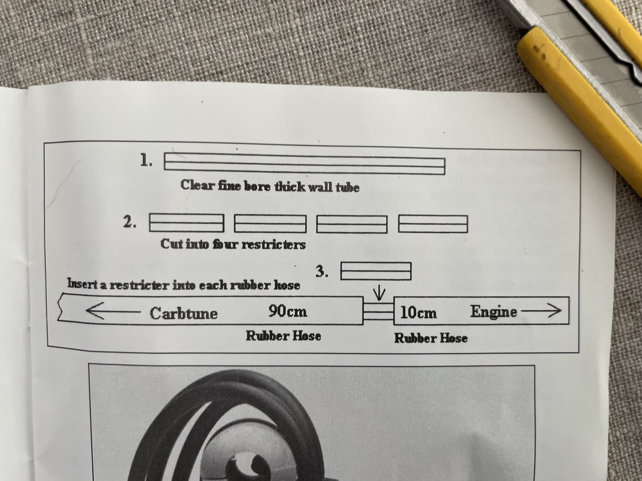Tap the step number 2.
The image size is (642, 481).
(129, 222)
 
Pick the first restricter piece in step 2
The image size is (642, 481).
(187, 223)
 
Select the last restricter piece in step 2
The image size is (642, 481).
(433, 224)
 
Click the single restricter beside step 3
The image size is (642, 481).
(376, 271)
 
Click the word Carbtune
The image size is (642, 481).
(184, 313)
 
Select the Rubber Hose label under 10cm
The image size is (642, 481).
(431, 338)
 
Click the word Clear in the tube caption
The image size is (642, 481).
(197, 185)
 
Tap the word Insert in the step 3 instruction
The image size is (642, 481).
(82, 283)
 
